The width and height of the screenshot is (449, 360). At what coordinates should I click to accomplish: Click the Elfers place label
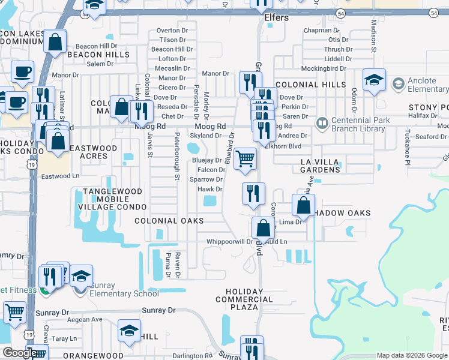[x=277, y=17]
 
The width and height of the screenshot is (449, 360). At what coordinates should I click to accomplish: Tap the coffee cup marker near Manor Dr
[x=23, y=73]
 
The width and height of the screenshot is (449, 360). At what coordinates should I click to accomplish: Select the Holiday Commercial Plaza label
[x=244, y=299]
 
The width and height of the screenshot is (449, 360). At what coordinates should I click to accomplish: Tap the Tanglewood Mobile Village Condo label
[x=113, y=199]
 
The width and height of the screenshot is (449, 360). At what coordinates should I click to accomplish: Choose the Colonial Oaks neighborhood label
[x=169, y=221]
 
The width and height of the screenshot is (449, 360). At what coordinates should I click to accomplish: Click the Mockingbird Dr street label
[x=324, y=68]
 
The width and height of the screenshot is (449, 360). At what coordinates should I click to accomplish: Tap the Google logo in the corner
[x=19, y=353]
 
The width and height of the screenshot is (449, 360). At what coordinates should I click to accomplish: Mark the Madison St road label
[x=373, y=36]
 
